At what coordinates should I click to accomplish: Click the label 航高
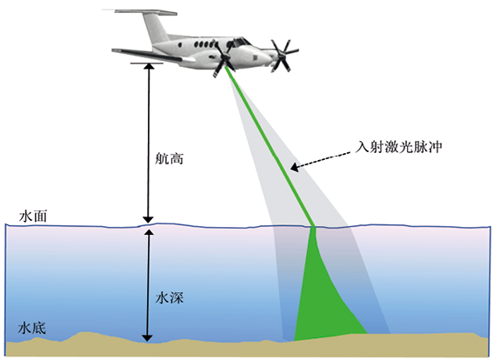click(169, 159)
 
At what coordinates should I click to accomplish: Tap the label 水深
click(170, 297)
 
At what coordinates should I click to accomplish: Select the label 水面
click(33, 217)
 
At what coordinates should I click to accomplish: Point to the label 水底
click(32, 328)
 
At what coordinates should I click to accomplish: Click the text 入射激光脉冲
click(398, 147)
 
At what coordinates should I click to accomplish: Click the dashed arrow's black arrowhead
click(294, 167)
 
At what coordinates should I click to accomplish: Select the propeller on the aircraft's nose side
click(283, 56)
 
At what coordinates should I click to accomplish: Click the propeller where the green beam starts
click(225, 58)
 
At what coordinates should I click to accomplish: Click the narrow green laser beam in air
click(270, 147)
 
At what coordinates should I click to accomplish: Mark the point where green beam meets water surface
click(313, 227)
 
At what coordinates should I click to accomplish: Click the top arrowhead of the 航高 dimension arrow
click(149, 66)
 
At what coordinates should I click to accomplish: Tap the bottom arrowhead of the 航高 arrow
click(148, 220)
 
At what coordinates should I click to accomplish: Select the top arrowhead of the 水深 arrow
click(149, 233)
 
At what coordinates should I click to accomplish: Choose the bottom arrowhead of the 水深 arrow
click(147, 338)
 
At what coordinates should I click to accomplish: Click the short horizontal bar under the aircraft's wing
click(147, 63)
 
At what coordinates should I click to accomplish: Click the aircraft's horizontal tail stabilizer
click(145, 12)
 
